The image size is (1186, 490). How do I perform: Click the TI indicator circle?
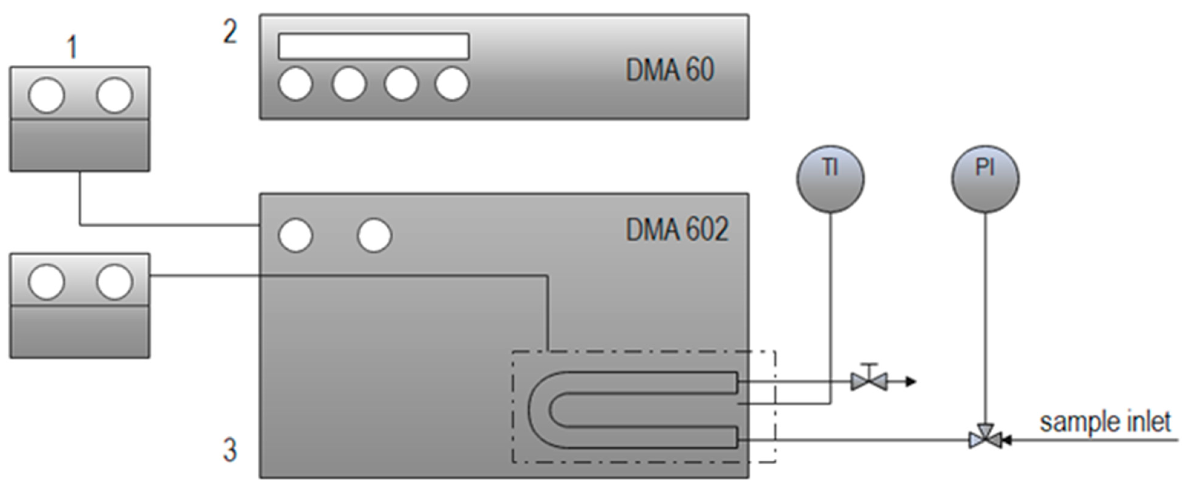pos(830,179)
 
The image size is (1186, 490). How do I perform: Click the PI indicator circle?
pos(985,179)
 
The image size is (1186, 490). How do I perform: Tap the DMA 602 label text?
pos(677,229)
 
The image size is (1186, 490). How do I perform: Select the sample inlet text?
pos(1105,422)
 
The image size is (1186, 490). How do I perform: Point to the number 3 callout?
pos(230,450)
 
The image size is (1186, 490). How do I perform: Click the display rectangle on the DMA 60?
pos(373,46)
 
